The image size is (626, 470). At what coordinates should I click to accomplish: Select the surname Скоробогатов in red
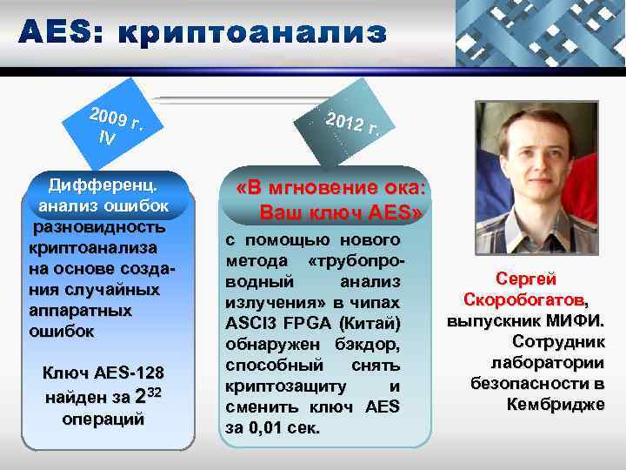525,300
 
